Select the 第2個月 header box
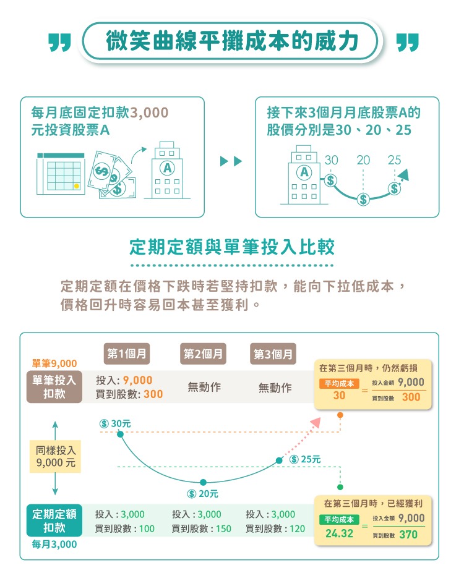tap(204, 354)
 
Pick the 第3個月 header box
tap(274, 355)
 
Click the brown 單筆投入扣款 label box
tap(54, 387)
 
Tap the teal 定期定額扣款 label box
tap(54, 520)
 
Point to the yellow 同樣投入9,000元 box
tap(55, 457)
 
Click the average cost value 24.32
tap(339, 533)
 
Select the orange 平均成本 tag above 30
tap(338, 384)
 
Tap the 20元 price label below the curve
tap(204, 494)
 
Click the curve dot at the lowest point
tap(202, 482)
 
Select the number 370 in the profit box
tap(408, 534)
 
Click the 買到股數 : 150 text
tap(201, 529)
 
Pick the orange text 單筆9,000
tap(54, 363)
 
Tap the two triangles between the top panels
tap(231, 162)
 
